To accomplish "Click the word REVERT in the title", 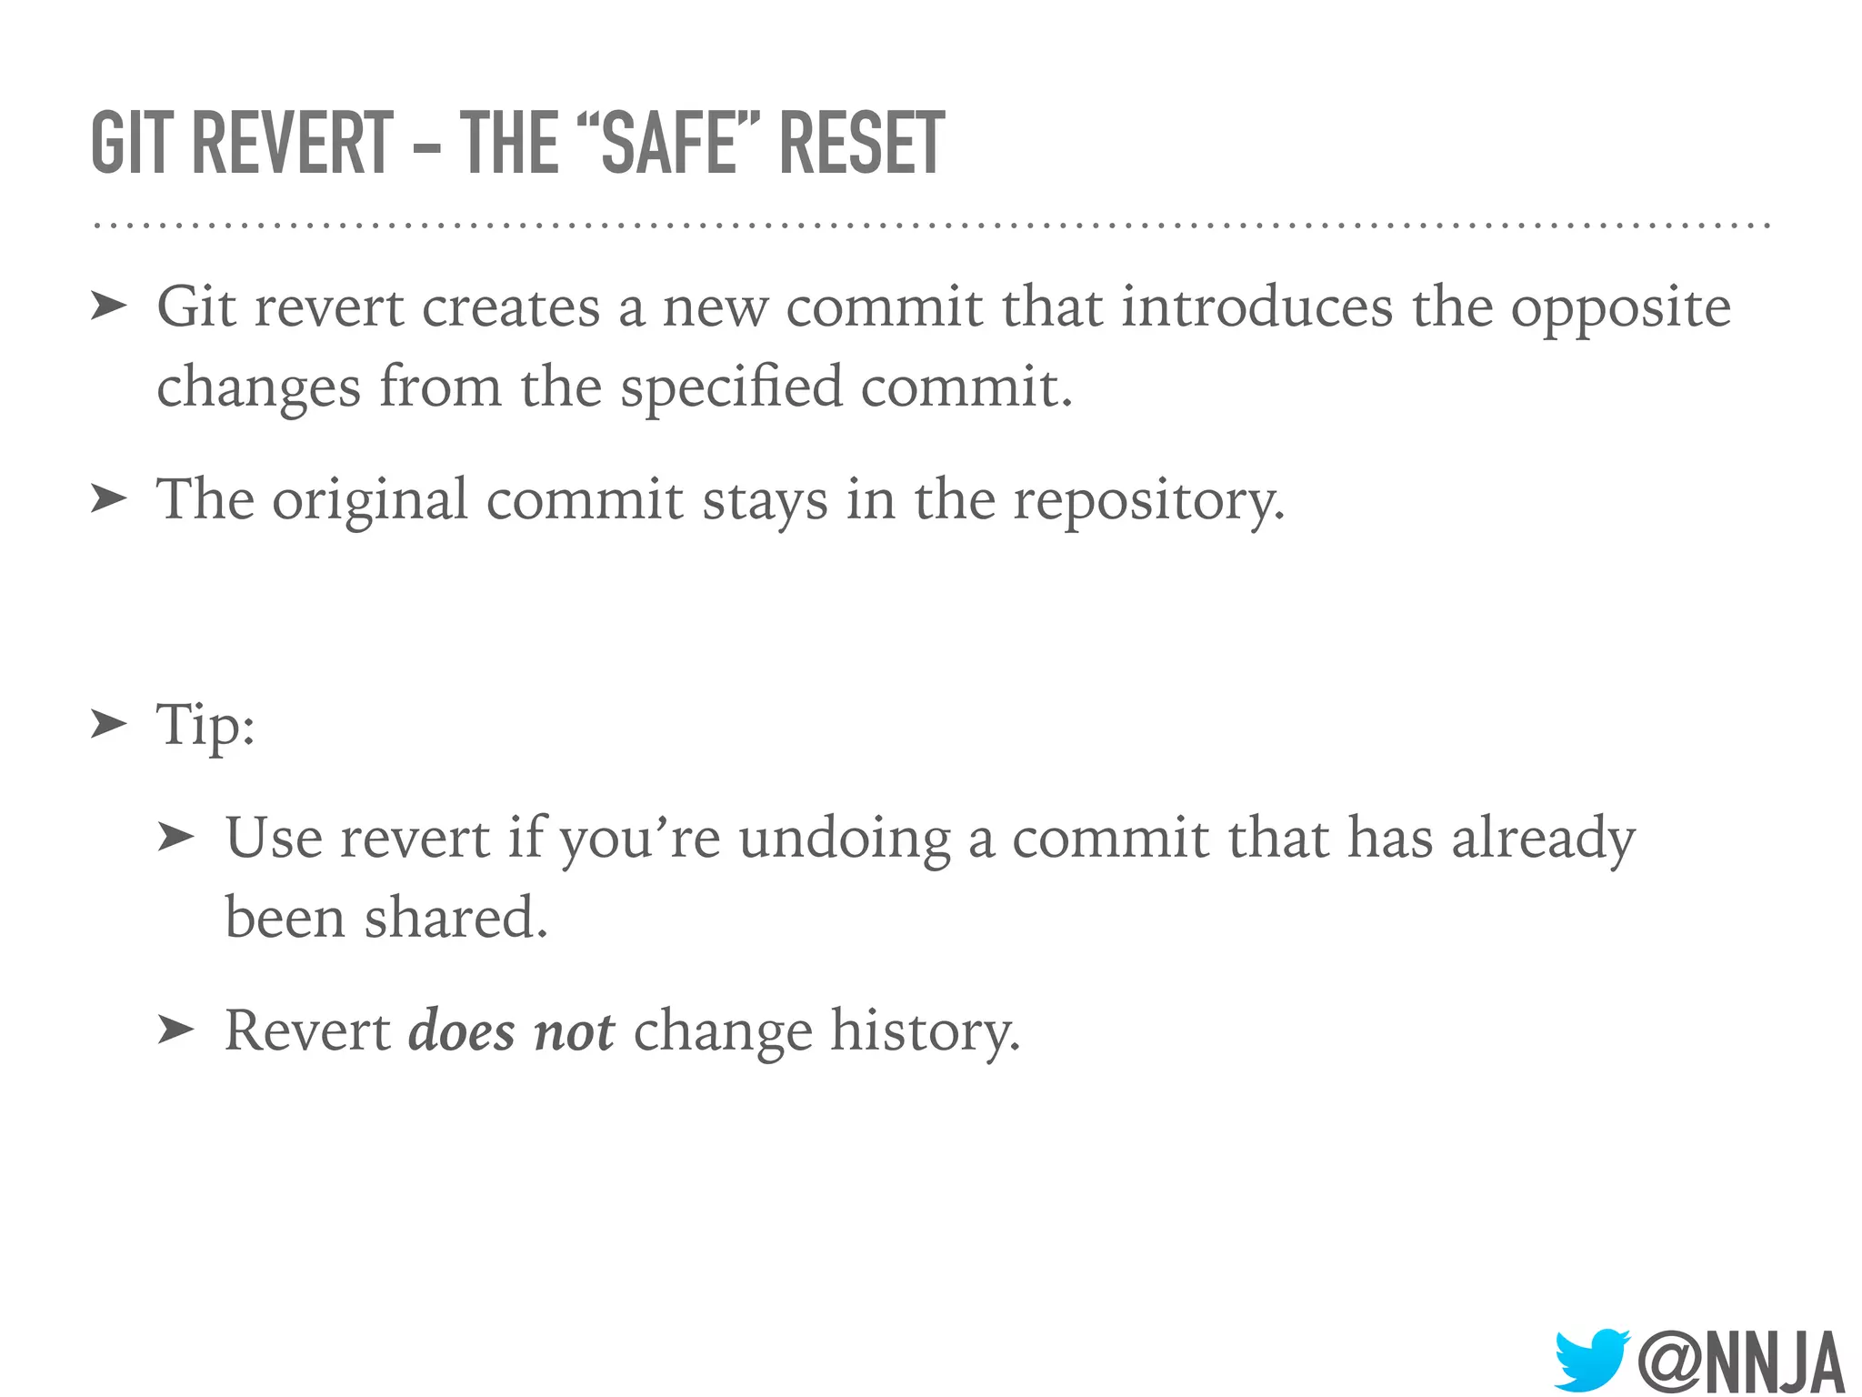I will click(x=293, y=143).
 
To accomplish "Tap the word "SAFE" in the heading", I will click(x=668, y=143).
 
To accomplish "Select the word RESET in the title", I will click(x=862, y=143).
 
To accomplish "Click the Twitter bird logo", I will click(x=1590, y=1360).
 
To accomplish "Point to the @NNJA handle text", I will click(x=1740, y=1362).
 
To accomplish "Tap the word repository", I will click(x=1148, y=501).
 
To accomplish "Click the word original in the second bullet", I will click(x=369, y=501).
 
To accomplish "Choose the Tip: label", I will click(x=205, y=726).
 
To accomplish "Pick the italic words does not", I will click(x=511, y=1030).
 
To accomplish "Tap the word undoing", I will click(x=844, y=839).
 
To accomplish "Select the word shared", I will click(x=455, y=917).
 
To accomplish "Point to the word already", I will click(x=1543, y=839).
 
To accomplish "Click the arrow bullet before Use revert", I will click(x=175, y=837).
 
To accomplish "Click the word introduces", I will click(x=1256, y=307).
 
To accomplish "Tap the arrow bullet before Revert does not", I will click(x=175, y=1030).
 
